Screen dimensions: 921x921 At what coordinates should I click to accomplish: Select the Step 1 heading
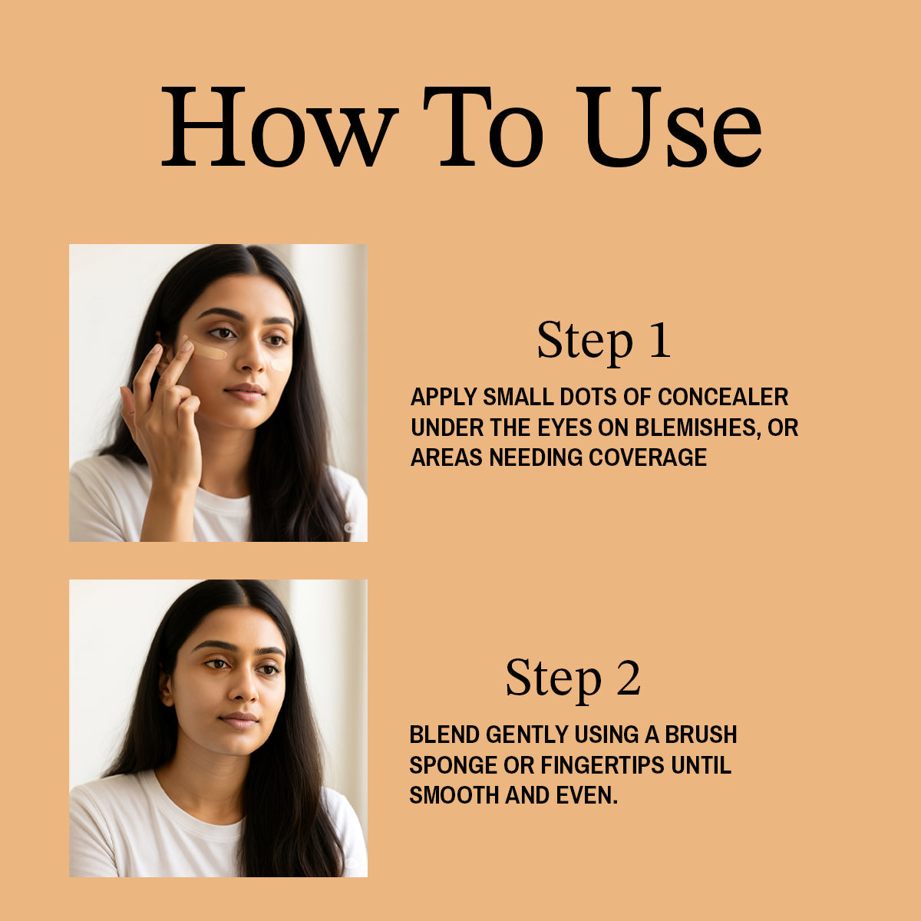(604, 340)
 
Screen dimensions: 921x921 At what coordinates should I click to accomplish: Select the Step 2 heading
(573, 678)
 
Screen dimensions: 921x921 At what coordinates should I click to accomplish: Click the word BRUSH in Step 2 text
(701, 734)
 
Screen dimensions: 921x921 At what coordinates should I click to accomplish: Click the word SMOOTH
(454, 795)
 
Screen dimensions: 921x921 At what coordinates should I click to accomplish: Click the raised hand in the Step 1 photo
(163, 407)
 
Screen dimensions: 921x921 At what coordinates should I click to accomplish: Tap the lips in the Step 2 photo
(239, 720)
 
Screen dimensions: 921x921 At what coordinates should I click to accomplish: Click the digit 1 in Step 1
(659, 340)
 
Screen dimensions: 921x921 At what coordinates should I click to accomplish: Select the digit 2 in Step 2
(628, 678)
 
